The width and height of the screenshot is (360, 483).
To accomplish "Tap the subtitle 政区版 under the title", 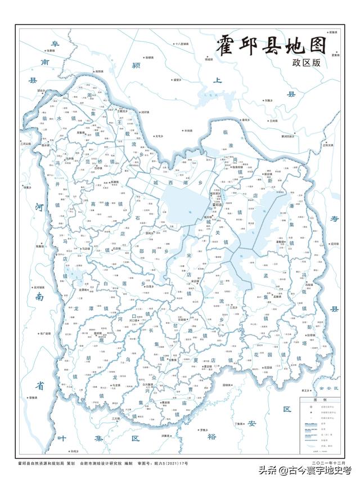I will (x=306, y=64).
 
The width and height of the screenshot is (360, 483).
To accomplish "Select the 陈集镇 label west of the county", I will (x=40, y=246).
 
